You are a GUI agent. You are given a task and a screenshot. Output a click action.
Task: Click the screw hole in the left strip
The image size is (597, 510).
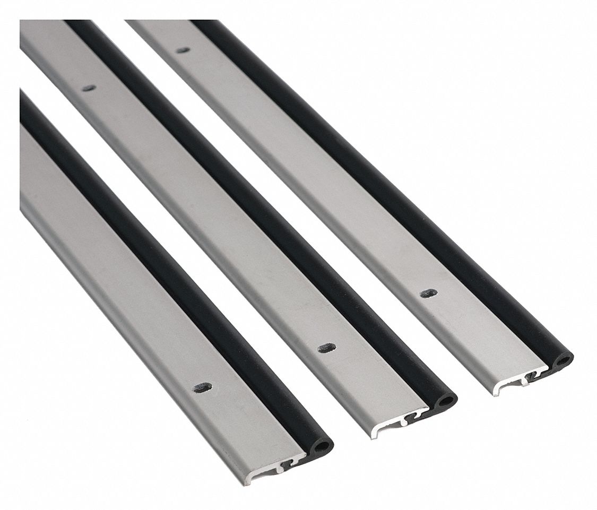[x=201, y=387]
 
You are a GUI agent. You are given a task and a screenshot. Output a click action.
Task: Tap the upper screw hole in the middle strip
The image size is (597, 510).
[x=89, y=88]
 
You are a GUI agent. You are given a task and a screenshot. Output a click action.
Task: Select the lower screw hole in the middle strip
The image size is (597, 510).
[x=326, y=349]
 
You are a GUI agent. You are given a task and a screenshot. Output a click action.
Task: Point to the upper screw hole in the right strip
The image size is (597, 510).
[x=182, y=50]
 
